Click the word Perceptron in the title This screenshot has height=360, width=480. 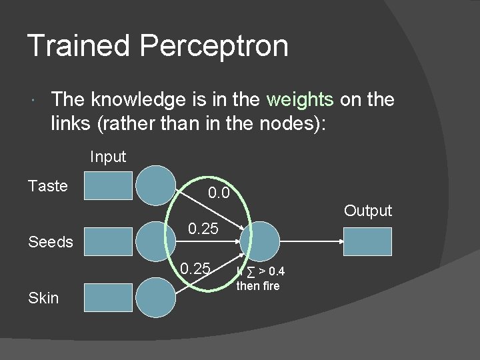tap(214, 47)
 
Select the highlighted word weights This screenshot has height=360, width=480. tap(299, 100)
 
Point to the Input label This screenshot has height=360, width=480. tap(108, 157)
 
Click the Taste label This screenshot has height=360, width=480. tap(48, 186)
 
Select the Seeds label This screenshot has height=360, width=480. tap(51, 242)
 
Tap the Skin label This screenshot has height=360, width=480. tap(44, 298)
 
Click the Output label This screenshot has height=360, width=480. tap(368, 211)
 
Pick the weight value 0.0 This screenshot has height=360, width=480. tap(219, 194)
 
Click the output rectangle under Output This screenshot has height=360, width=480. tap(367, 241)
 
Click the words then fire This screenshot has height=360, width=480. tap(258, 287)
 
